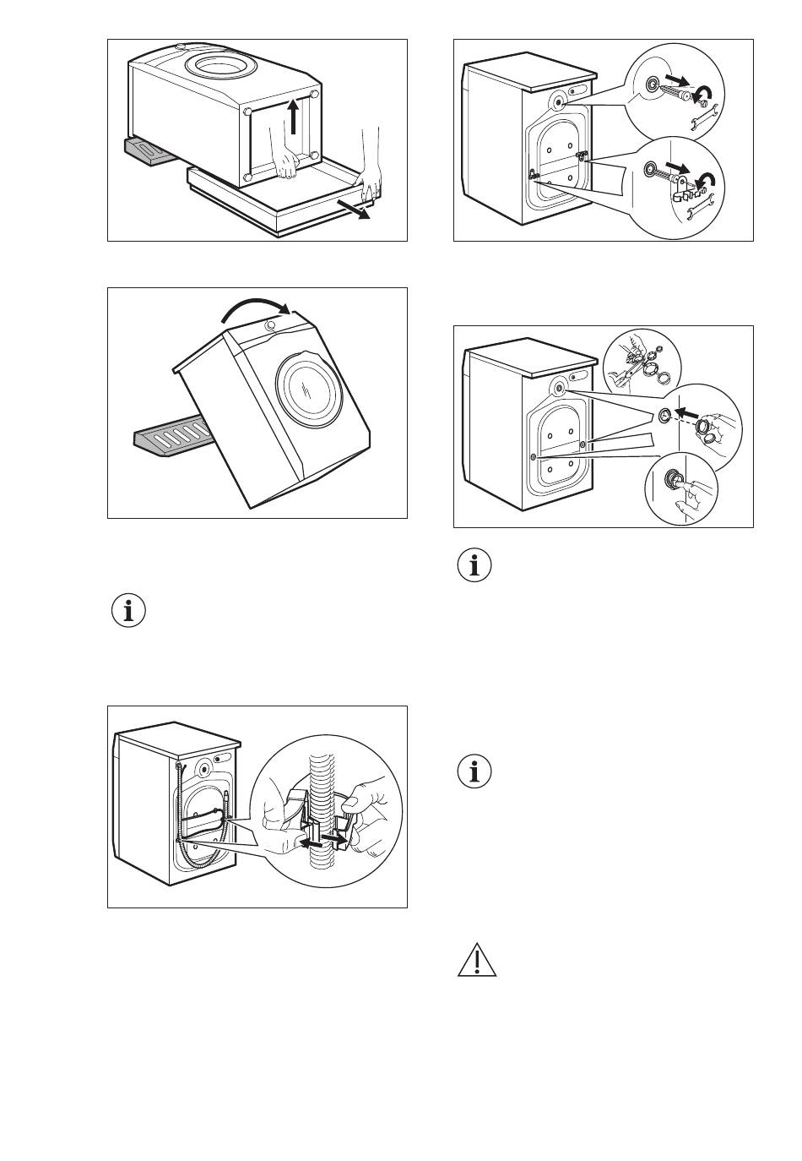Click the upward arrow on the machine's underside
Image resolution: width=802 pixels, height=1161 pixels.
coord(292,117)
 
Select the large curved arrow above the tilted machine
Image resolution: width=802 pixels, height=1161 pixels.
coord(254,311)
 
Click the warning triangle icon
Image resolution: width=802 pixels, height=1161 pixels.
coord(477,961)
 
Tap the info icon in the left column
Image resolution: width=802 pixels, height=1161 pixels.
coord(128,610)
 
